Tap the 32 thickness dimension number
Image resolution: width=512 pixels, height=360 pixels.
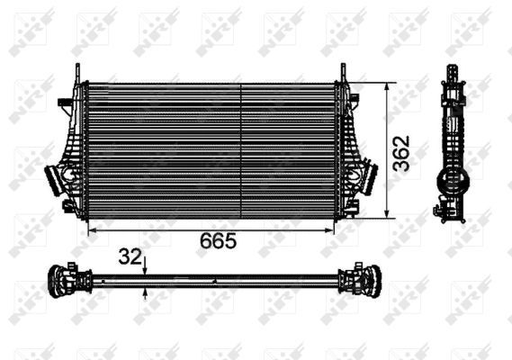tap(130, 257)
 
